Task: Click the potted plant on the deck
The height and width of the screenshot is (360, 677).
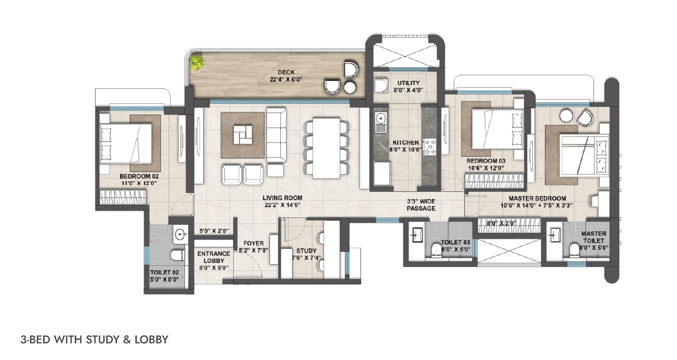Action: point(197,62)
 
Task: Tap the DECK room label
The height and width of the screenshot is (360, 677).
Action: point(286,72)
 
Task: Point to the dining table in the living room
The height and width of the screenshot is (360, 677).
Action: point(326,148)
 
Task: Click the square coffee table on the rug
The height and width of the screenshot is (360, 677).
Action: point(243,135)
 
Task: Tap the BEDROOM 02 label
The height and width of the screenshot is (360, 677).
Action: point(139,176)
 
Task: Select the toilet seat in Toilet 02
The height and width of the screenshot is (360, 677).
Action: point(177,255)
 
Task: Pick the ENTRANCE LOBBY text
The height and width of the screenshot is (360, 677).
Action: point(213,257)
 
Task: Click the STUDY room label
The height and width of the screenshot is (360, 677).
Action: point(306,250)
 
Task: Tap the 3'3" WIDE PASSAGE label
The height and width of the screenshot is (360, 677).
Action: point(421,205)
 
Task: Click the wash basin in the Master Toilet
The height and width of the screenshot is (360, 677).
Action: point(555,235)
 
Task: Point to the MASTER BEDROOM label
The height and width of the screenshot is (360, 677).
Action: point(537,198)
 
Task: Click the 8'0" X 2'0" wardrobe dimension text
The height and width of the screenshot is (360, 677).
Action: point(501,223)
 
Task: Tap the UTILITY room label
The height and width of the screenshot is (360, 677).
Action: point(409,83)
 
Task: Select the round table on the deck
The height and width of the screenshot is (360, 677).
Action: point(350,88)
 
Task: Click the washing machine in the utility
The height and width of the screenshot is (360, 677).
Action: point(382,85)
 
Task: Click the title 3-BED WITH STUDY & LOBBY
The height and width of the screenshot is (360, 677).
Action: point(94,340)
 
